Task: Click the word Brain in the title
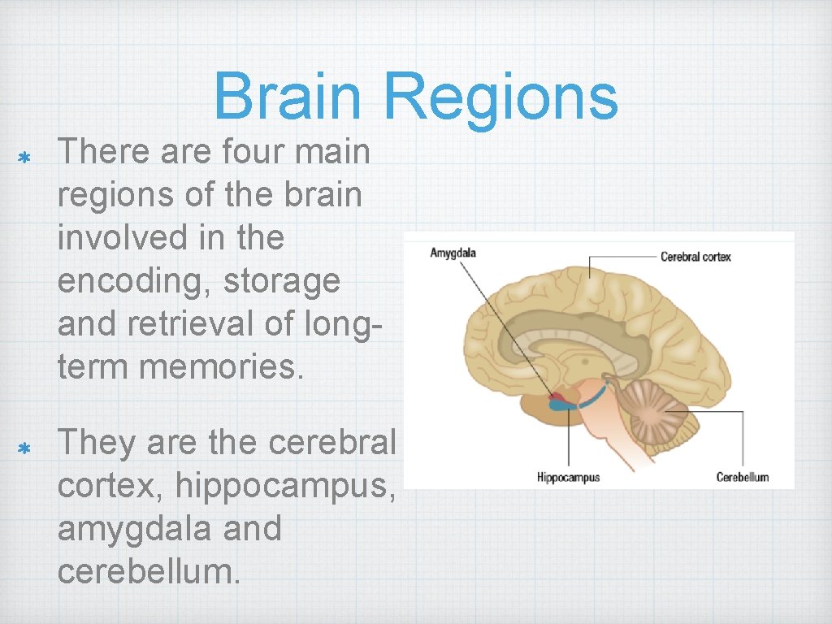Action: [x=288, y=96]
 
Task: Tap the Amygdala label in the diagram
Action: [x=453, y=253]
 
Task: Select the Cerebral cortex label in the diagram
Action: [x=695, y=257]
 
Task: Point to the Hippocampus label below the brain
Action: [x=568, y=477]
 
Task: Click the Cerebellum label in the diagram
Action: [x=742, y=477]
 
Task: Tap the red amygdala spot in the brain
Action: [x=557, y=397]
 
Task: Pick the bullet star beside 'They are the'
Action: [x=24, y=448]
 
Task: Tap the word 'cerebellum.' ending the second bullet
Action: [x=149, y=571]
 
